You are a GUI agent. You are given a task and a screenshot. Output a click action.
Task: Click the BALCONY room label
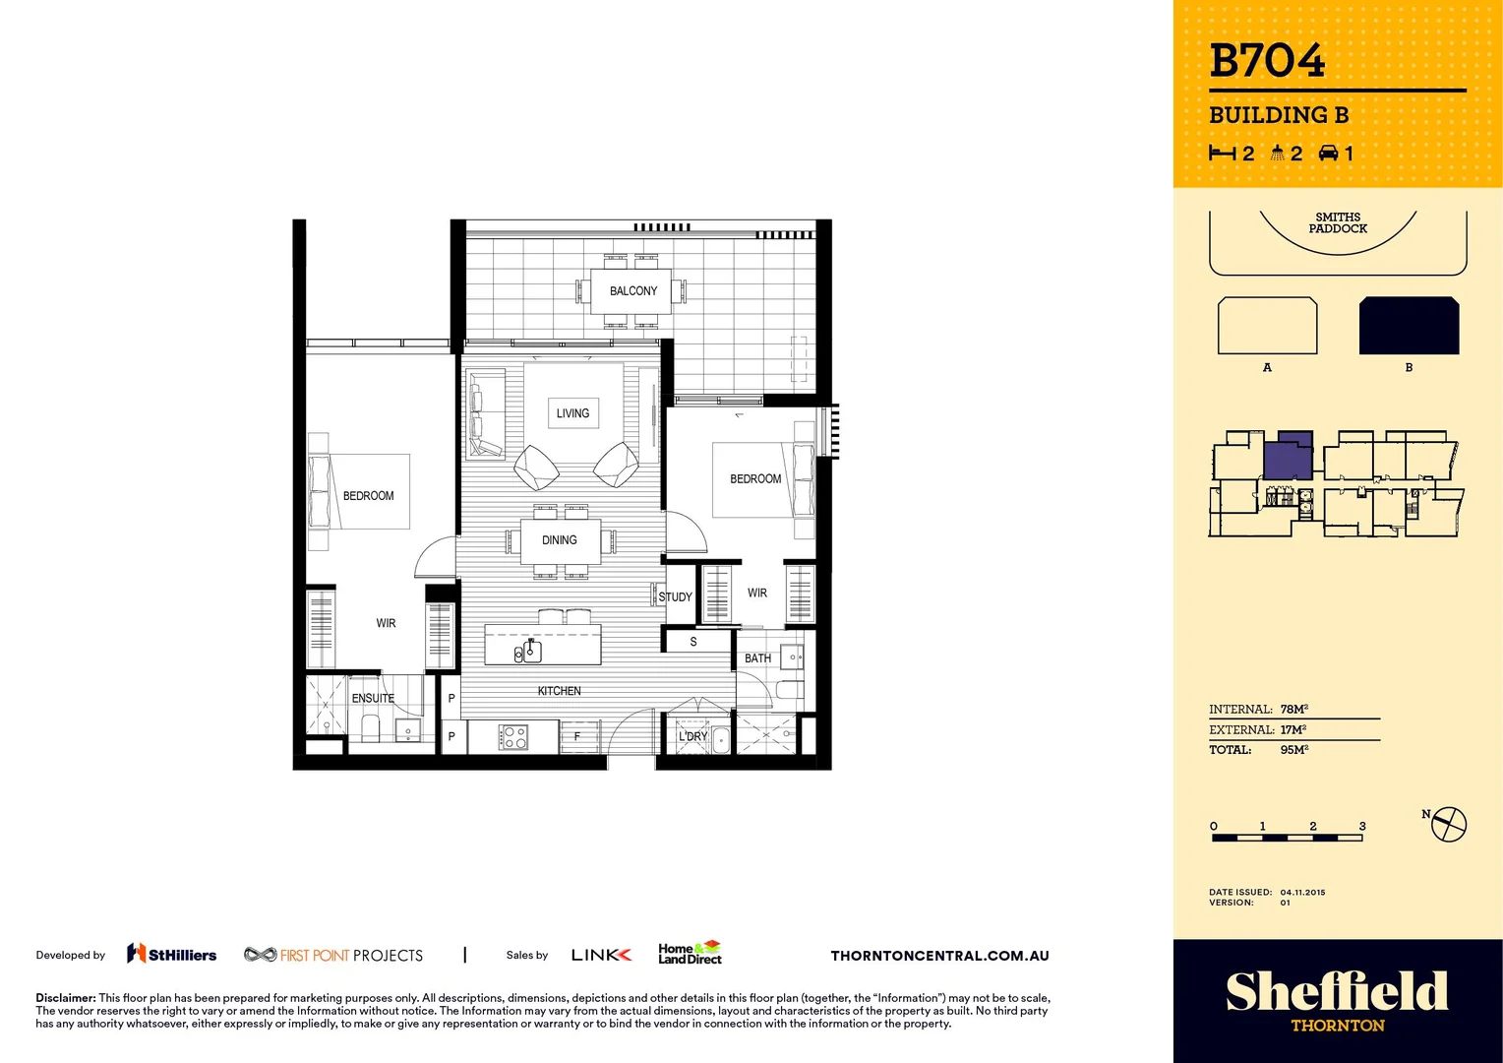coord(632,291)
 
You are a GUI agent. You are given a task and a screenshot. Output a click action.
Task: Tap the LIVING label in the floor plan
coord(572,413)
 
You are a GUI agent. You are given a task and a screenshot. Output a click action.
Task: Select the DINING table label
coord(559,540)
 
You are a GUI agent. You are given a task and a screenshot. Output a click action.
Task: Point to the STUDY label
coord(675,597)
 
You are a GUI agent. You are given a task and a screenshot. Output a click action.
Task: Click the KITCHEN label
coord(559,691)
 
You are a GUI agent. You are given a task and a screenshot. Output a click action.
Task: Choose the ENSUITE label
coord(373,698)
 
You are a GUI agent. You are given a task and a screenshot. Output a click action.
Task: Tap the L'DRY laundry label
coord(692,736)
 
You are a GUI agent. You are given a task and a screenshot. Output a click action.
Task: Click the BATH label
coord(757,658)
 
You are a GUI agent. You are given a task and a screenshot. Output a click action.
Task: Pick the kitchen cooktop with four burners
coord(513,737)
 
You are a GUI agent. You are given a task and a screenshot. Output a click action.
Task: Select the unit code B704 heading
coord(1267,61)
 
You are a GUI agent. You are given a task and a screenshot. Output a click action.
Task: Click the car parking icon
coord(1329,153)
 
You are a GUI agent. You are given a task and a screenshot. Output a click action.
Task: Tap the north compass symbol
coord(1448,824)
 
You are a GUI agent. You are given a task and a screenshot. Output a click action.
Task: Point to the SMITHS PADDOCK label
coord(1338,222)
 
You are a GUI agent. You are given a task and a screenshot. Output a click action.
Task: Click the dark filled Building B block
coord(1409,326)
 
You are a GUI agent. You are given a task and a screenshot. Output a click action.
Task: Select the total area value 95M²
coord(1294,750)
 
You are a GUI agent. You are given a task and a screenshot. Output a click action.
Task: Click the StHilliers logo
coord(172,954)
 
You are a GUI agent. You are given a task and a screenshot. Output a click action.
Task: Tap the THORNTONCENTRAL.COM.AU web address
coord(939,956)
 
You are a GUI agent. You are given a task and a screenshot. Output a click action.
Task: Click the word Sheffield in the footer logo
coord(1337,991)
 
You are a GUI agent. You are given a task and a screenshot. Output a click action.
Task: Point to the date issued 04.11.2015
coord(1302,893)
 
